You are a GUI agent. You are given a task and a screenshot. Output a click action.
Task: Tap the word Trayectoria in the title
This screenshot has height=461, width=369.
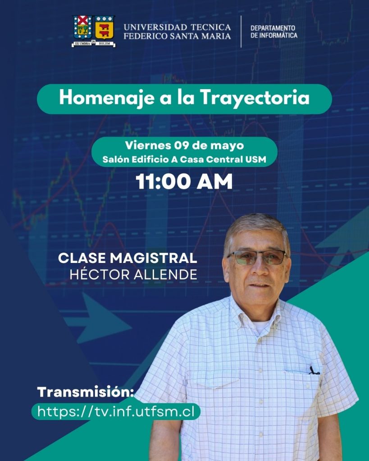pyautogui.click(x=255, y=98)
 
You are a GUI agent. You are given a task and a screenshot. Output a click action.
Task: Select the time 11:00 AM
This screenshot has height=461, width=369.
pyautogui.click(x=184, y=181)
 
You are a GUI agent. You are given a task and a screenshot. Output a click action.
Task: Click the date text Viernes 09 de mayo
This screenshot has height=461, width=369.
pyautogui.click(x=184, y=145)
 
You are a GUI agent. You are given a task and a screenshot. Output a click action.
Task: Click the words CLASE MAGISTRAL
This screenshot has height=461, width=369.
pyautogui.click(x=128, y=258)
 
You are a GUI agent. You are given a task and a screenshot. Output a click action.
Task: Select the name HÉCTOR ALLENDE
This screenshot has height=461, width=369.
pyautogui.click(x=133, y=274)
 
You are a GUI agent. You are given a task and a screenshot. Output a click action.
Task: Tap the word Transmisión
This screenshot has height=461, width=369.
pyautogui.click(x=85, y=392)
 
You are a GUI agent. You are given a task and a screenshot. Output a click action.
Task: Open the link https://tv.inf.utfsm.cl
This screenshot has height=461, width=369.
pyautogui.click(x=116, y=411)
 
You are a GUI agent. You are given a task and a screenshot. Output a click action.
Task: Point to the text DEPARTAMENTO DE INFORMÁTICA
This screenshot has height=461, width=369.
pyautogui.click(x=274, y=32)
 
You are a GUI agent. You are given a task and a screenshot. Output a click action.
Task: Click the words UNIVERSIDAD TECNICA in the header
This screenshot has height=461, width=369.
pyautogui.click(x=177, y=27)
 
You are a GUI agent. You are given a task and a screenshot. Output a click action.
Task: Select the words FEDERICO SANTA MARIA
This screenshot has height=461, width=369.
pyautogui.click(x=177, y=36)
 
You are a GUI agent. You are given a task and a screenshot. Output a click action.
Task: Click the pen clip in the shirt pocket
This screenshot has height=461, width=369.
pyautogui.click(x=314, y=371)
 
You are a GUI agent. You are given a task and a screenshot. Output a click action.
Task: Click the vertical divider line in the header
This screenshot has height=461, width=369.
pyautogui.click(x=241, y=32)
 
